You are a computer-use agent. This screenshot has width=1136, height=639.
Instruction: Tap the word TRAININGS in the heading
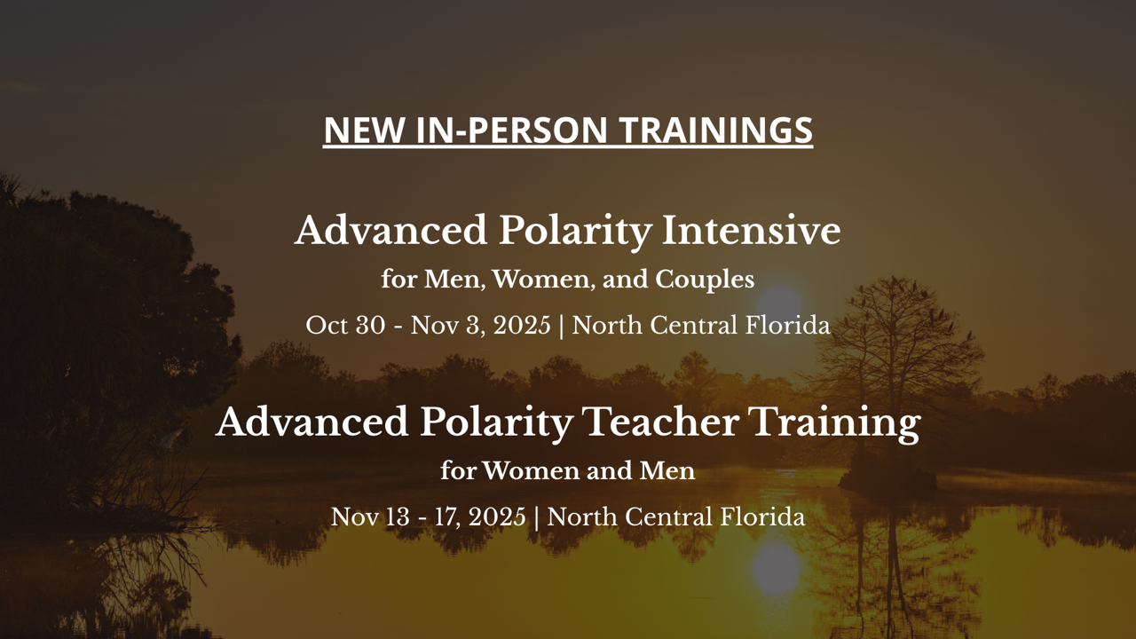pyautogui.click(x=716, y=130)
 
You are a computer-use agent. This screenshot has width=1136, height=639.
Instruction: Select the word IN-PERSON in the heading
pyautogui.click(x=511, y=130)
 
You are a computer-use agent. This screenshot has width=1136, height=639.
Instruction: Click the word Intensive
pyautogui.click(x=751, y=230)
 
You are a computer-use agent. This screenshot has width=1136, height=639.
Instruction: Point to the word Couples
pyautogui.click(x=705, y=280)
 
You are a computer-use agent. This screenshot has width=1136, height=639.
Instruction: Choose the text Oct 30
pyautogui.click(x=345, y=325)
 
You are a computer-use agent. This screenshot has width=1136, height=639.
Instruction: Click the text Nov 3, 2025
pyautogui.click(x=481, y=326)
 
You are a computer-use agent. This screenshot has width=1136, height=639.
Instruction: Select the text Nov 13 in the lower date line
pyautogui.click(x=370, y=517)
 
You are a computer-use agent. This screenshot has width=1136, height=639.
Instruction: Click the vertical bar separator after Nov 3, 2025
pyautogui.click(x=561, y=326)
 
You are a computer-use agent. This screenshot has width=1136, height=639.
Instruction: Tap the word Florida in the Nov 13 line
pyautogui.click(x=762, y=517)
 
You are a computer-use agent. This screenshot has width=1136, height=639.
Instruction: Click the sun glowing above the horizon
pyautogui.click(x=778, y=305)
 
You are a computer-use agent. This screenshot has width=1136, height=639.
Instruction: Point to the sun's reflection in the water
pyautogui.click(x=777, y=568)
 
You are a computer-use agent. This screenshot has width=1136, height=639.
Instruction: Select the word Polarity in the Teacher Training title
pyautogui.click(x=496, y=424)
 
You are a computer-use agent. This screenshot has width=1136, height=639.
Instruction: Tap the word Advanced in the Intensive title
pyautogui.click(x=391, y=230)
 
